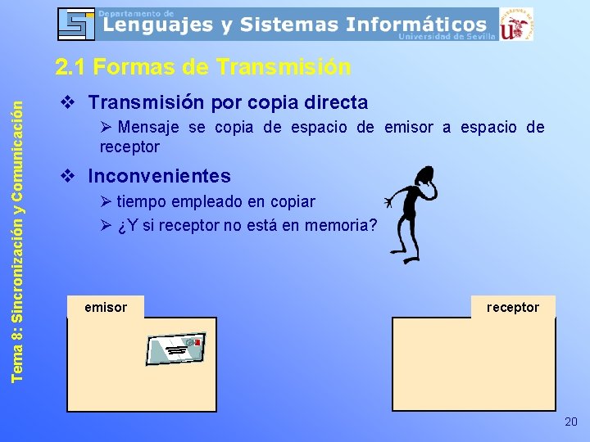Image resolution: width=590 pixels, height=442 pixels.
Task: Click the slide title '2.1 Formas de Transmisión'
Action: [x=202, y=66]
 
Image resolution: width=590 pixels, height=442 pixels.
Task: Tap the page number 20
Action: [x=570, y=422]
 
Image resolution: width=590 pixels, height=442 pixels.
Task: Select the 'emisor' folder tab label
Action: [x=106, y=308]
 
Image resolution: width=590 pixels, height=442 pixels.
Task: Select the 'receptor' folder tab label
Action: [x=513, y=308]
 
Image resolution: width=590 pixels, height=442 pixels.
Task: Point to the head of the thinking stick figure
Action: [x=425, y=174]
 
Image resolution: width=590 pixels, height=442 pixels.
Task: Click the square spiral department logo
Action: [x=75, y=24]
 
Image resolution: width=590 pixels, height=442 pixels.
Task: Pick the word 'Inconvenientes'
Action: [x=159, y=176]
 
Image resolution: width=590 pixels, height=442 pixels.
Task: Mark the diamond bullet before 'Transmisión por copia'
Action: [x=69, y=103]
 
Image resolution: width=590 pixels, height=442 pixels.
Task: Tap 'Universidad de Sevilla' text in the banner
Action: [x=447, y=37]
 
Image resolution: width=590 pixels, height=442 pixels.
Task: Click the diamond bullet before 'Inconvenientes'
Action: [x=69, y=176]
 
